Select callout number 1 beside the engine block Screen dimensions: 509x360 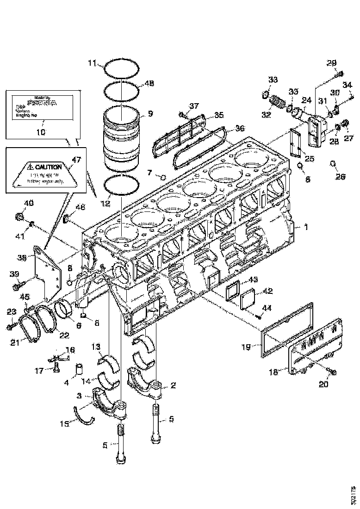coord(305,227)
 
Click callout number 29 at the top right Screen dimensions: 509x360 coord(332,63)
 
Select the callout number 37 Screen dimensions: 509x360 coord(193,107)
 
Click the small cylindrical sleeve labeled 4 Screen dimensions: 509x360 coord(79,370)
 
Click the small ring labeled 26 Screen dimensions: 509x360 coord(332,163)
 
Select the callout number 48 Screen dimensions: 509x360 coord(149,84)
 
